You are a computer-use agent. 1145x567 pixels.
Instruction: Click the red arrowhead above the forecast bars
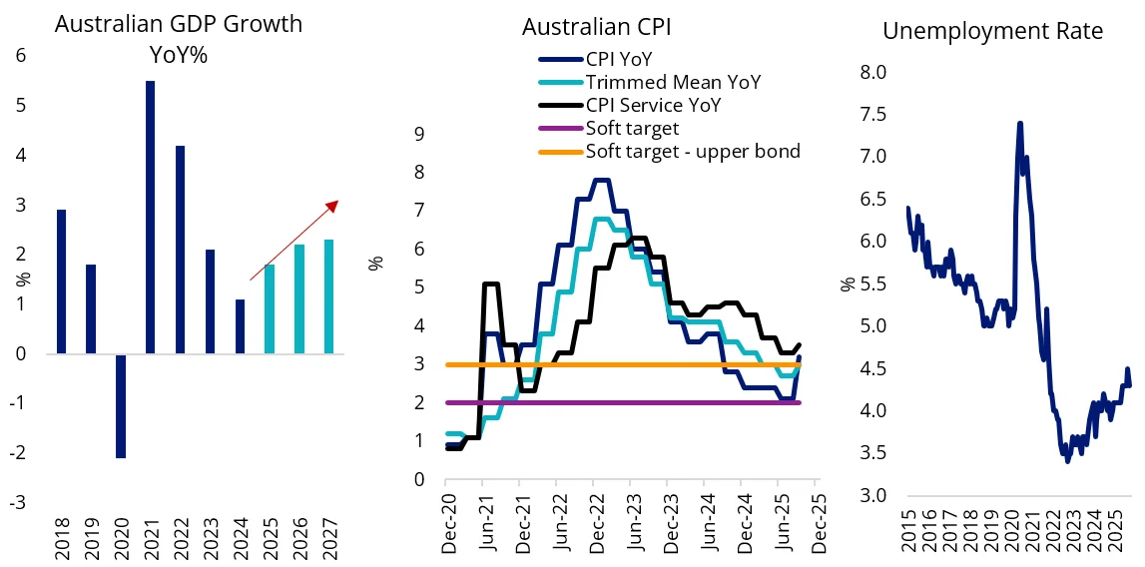click(x=333, y=206)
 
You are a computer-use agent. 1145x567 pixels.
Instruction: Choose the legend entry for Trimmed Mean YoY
click(x=673, y=82)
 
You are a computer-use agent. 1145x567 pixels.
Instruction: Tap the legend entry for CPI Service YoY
click(x=653, y=105)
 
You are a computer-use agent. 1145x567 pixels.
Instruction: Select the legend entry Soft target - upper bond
click(x=693, y=151)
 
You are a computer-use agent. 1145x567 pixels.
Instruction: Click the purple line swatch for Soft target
click(x=558, y=128)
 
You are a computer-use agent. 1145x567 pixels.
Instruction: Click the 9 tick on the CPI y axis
click(x=420, y=133)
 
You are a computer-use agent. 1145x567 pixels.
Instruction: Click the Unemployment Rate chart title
click(x=992, y=31)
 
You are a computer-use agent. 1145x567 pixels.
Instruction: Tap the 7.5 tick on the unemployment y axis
click(x=873, y=114)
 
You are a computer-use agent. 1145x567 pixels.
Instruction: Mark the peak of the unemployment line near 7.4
click(x=1019, y=123)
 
